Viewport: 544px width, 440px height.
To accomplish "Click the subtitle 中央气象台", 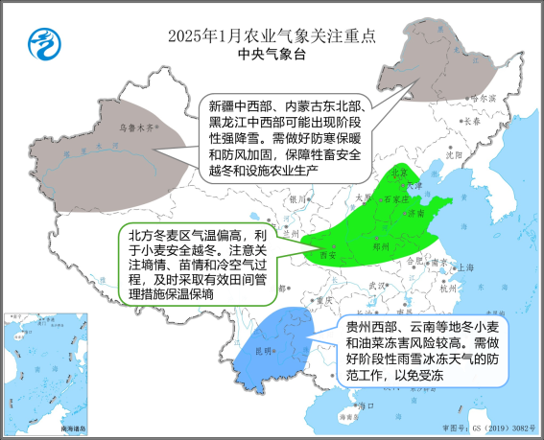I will click(272, 56).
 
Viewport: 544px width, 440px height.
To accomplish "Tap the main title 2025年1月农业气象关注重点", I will click(272, 35).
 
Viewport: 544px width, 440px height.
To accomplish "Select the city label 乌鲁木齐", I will click(136, 126).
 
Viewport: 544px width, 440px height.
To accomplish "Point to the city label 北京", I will click(400, 173).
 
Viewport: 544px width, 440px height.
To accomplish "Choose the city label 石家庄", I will click(396, 199).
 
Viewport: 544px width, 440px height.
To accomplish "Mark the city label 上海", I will click(466, 268).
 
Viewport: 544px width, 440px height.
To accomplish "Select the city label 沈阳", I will click(454, 153).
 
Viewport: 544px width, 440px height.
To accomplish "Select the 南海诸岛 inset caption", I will click(70, 427).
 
